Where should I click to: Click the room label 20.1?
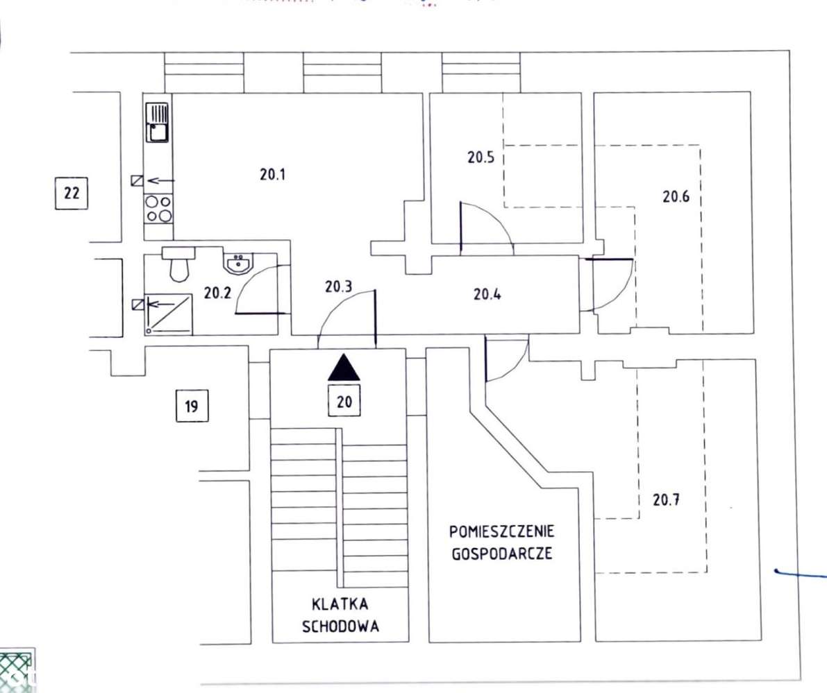(x=273, y=175)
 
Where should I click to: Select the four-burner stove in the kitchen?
(x=158, y=208)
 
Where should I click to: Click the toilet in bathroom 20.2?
(x=179, y=264)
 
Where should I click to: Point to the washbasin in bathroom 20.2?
(x=239, y=263)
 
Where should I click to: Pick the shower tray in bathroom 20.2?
(x=169, y=314)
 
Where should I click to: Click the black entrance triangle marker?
(x=345, y=368)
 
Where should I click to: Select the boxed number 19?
(x=192, y=407)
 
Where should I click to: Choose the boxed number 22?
(x=72, y=193)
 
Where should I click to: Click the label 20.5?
(x=481, y=157)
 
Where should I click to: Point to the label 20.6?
(x=676, y=196)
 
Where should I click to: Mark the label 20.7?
(x=667, y=499)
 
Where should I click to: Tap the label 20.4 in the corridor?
(x=487, y=294)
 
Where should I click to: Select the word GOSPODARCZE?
(x=501, y=555)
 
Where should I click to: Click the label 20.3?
(x=338, y=285)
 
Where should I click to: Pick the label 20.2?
(x=217, y=293)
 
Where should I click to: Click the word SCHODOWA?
(x=340, y=626)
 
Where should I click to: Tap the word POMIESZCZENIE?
(x=501, y=533)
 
